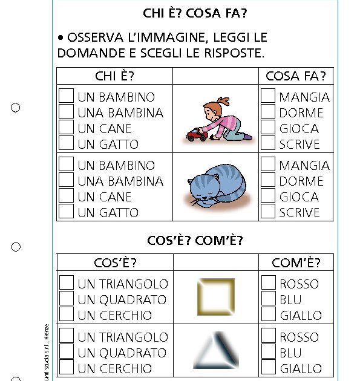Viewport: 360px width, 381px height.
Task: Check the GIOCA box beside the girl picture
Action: (268, 128)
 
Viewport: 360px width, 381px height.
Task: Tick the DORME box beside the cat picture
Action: (268, 180)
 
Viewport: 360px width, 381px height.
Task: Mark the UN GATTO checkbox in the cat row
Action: (67, 212)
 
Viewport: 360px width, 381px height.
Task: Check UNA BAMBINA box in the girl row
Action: (67, 112)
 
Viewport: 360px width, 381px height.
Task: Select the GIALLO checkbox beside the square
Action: (268, 314)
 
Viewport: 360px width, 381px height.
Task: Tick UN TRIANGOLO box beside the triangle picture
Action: (67, 336)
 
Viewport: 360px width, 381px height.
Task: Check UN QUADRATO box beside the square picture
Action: (67, 299)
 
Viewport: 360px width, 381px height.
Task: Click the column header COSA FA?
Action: (296, 76)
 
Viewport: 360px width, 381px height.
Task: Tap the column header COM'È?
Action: (296, 262)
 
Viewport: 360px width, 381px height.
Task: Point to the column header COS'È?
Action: (115, 262)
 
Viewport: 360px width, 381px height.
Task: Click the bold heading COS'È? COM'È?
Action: (195, 241)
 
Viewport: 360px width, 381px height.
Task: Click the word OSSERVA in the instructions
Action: (93, 38)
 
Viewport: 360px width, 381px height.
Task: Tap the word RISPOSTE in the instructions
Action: (233, 53)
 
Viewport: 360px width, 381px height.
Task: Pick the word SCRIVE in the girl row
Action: (299, 144)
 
